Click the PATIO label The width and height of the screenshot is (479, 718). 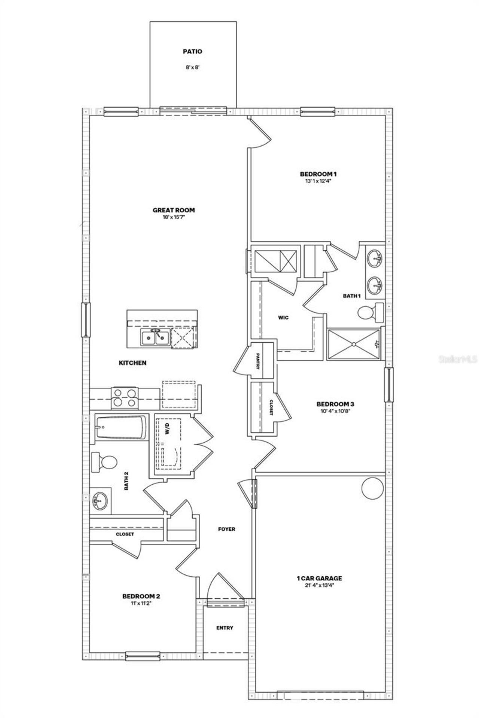[192, 52]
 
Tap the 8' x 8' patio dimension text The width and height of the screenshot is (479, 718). [192, 68]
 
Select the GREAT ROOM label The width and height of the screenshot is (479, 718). [174, 210]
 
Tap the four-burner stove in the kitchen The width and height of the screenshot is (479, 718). [125, 398]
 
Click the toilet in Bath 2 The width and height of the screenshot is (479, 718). [105, 463]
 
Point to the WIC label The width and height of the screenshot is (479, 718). [283, 318]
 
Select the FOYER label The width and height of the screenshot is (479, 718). [226, 529]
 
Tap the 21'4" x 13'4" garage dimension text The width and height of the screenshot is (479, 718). [319, 585]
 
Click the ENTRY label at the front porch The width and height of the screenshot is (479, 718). [225, 628]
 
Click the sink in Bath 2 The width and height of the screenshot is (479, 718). [100, 500]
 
